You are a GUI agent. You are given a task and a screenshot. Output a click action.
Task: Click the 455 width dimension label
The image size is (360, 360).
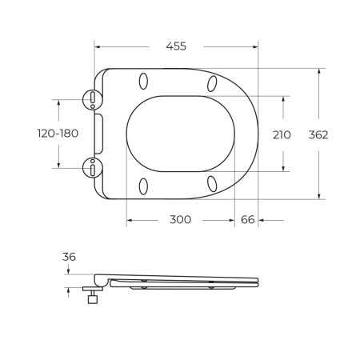tap(175, 46)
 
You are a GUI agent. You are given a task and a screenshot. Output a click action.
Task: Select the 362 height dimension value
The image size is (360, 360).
tap(318, 134)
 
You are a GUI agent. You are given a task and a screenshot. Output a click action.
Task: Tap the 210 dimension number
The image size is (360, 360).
tap(282, 134)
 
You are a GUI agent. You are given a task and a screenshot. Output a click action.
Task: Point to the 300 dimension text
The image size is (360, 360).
tap(180, 220)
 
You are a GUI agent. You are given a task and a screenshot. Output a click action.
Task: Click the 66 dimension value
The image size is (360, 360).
tap(247, 220)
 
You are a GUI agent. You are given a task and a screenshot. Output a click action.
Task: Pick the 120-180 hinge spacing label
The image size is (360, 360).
tap(57, 134)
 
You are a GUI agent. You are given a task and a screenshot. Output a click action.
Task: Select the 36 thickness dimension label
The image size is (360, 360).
tap(69, 257)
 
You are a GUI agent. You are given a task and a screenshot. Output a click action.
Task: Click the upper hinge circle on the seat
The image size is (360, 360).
tap(94, 99)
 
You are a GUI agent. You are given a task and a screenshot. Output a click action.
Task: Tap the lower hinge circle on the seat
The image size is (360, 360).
tap(94, 168)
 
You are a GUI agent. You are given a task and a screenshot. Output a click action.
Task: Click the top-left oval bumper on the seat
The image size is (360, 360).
tap(144, 82)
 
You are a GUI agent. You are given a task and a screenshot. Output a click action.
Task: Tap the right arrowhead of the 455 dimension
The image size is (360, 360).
tap(256, 46)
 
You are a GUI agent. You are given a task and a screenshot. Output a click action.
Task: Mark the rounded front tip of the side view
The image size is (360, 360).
tap(258, 280)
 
